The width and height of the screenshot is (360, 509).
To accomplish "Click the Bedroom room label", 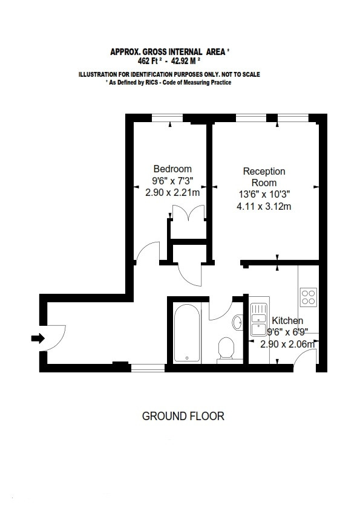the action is point(172,169).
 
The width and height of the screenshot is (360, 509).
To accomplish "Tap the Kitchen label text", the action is point(287,321).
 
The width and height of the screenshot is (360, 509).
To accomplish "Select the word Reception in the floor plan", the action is point(264,172).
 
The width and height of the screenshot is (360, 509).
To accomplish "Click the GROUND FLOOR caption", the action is point(183,416).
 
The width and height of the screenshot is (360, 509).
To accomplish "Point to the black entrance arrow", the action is point(38,339).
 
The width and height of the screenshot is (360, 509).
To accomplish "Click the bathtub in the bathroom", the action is point(187,334).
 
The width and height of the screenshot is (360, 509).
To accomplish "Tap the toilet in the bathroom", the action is point(226,348).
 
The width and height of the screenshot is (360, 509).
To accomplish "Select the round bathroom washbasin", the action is point(238,322).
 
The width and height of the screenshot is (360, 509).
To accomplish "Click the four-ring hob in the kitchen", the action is point(308,297).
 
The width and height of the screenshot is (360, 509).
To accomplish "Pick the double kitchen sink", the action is point(258,320).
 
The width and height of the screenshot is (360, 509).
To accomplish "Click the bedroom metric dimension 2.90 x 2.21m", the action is point(172,192).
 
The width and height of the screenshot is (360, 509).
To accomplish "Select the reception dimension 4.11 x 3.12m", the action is point(264,207).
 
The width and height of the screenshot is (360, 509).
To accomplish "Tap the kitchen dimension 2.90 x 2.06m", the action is point(287,344).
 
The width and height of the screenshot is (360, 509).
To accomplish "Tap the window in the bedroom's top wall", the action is point(168,117).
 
